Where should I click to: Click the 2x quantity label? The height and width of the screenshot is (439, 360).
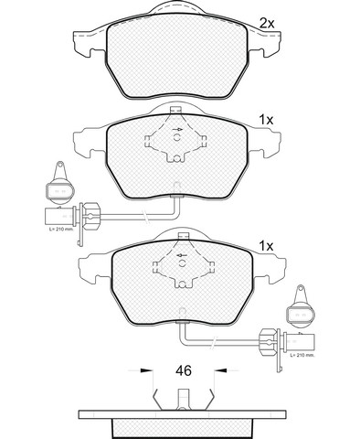coord(267,23)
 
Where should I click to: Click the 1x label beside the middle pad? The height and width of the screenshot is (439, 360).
coord(266,121)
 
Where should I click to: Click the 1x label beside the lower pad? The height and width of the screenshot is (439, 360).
coord(266,246)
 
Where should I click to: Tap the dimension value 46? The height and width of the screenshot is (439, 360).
coord(184,370)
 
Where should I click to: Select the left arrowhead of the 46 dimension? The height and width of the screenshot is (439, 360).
coord(146,370)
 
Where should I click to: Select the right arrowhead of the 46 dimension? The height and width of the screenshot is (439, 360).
coord(221,370)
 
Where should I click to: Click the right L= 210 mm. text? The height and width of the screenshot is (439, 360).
coord(302,355)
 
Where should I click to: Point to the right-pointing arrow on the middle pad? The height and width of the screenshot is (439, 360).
coord(177,130)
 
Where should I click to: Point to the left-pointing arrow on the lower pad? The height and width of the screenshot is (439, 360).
coord(182,255)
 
